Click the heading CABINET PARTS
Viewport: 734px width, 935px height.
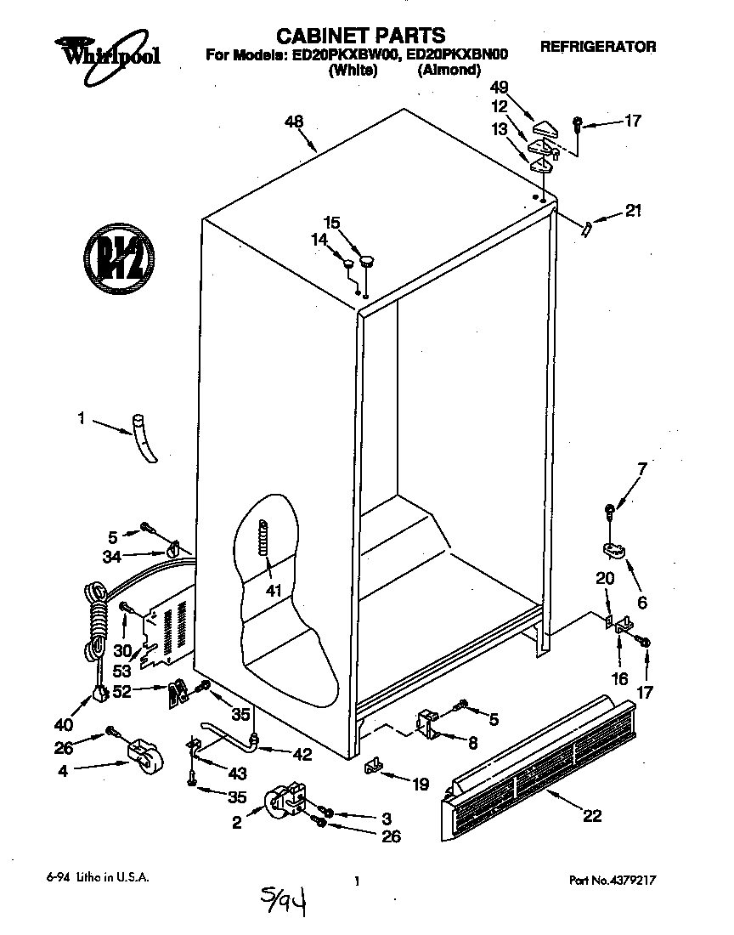tap(361, 36)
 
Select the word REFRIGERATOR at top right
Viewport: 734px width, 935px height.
tap(598, 47)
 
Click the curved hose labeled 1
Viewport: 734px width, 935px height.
tap(144, 438)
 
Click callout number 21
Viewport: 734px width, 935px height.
tap(634, 211)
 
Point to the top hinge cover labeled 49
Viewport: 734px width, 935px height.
tap(545, 129)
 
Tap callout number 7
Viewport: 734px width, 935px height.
tap(641, 467)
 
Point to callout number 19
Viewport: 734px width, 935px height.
tap(421, 785)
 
